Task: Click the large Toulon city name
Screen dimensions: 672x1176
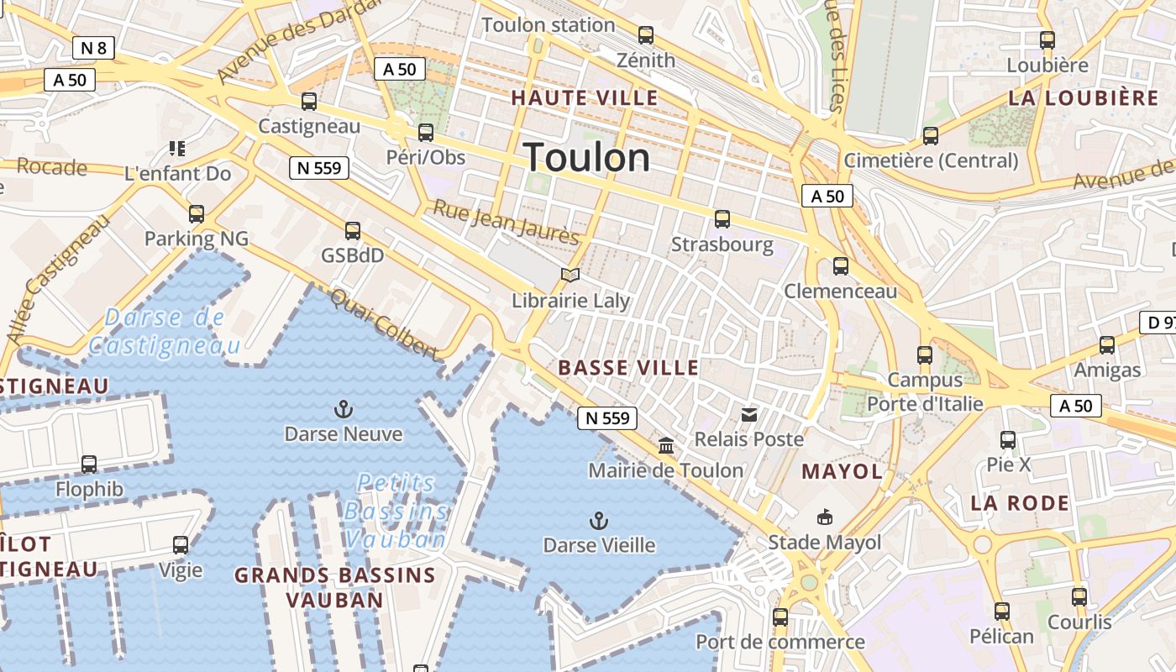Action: (x=586, y=158)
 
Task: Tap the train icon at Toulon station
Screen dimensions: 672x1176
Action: (x=645, y=35)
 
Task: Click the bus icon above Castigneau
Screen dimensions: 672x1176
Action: (x=309, y=102)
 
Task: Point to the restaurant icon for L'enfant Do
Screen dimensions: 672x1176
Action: (x=176, y=149)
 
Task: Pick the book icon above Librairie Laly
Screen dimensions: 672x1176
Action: (x=570, y=276)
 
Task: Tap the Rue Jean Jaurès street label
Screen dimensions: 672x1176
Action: (x=506, y=222)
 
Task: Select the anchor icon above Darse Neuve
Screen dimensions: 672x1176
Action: (x=343, y=410)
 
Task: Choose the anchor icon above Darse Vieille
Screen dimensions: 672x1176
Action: (x=598, y=521)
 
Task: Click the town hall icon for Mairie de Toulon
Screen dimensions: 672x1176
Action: (x=666, y=445)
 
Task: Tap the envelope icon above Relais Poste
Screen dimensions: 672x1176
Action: (x=748, y=414)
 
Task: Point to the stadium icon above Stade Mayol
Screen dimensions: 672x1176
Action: (x=825, y=517)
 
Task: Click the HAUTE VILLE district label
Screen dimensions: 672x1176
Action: (x=585, y=97)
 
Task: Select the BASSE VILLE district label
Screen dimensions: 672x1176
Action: (x=628, y=367)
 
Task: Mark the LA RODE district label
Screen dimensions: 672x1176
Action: (x=1020, y=503)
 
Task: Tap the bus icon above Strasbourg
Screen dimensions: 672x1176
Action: (x=722, y=219)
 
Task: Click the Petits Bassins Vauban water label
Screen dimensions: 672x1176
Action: (x=395, y=511)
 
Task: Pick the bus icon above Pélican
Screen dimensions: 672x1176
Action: (x=1001, y=612)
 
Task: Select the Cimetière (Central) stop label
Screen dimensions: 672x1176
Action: (x=931, y=160)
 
